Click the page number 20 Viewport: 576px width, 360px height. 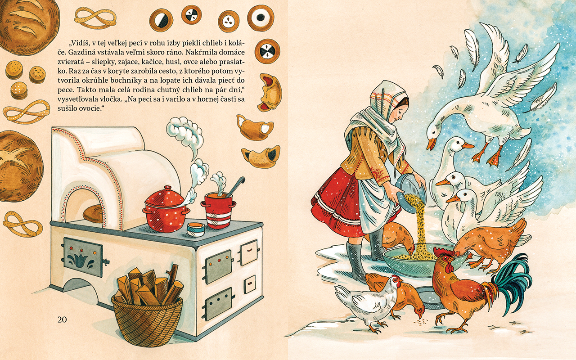62,319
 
